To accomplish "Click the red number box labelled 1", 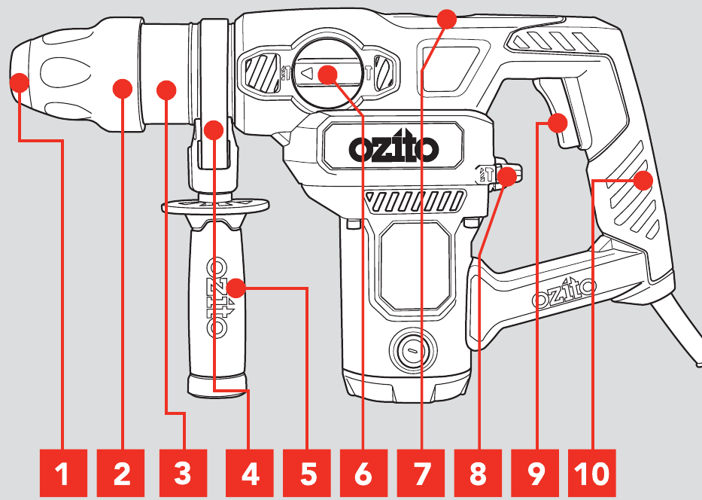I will [x=62, y=474].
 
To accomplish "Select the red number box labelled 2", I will [x=122, y=474].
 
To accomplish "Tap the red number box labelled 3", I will [x=182, y=474].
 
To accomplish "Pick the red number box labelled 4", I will [x=250, y=474].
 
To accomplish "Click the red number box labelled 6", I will [x=363, y=474].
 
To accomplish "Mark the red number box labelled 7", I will [x=421, y=474].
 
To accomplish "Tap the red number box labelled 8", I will [x=478, y=474].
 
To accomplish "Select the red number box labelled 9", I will [x=535, y=474].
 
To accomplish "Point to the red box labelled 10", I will [x=592, y=474].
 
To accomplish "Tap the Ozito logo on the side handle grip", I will [x=217, y=299].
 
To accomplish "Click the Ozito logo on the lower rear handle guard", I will [x=564, y=293].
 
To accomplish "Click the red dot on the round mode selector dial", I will [x=327, y=74].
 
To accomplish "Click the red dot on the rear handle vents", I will [x=643, y=181].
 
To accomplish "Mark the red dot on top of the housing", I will [x=447, y=18].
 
